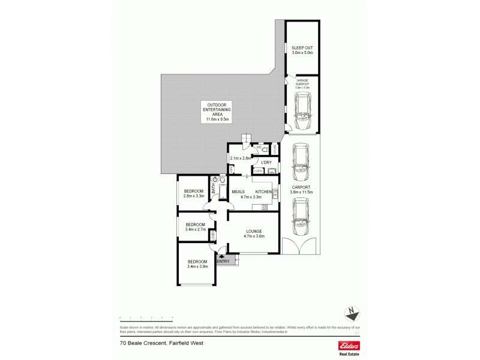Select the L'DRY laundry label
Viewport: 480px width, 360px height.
click(266, 163)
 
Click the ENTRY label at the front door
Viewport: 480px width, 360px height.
click(223, 261)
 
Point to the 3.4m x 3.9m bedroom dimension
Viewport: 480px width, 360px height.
click(197, 266)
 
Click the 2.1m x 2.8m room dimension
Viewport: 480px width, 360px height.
click(240, 158)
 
